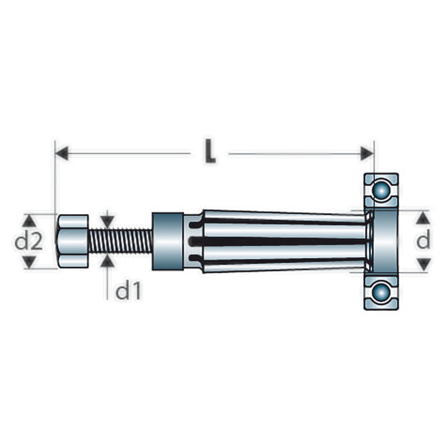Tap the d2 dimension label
29,241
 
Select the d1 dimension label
128,291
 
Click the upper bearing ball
381,190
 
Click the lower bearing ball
381,292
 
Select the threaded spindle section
120,241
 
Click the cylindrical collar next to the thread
168,241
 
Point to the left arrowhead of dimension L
61,153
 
